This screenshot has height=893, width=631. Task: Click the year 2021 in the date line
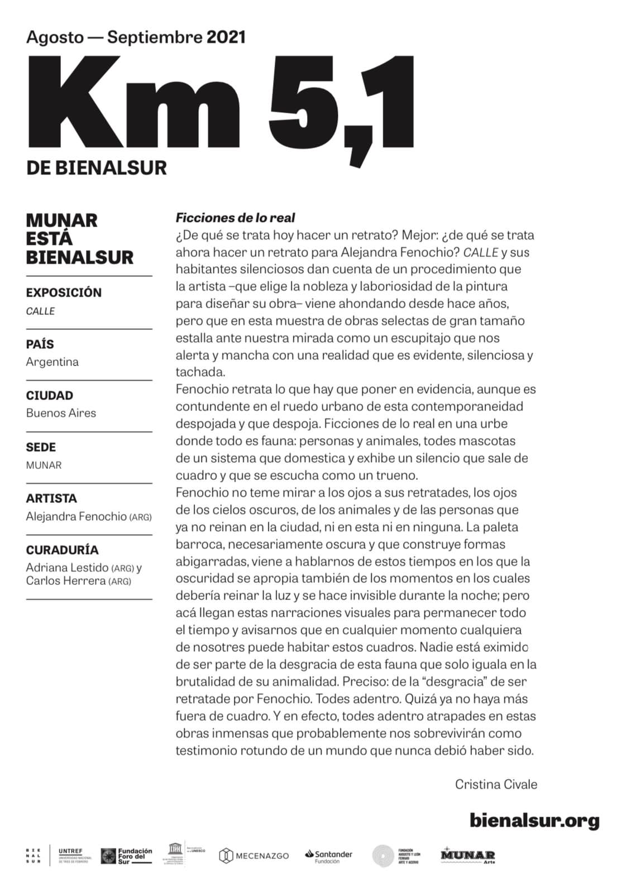[x=226, y=37]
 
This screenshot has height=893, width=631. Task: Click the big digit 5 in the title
[x=304, y=100]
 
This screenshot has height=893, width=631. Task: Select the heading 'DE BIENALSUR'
[x=96, y=167]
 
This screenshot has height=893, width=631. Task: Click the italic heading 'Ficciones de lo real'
[x=235, y=218]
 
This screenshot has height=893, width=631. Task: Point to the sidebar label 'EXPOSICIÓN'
[x=64, y=292]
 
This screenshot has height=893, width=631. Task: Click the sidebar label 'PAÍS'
[x=40, y=344]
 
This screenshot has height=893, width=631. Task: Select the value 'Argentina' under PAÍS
[x=52, y=362]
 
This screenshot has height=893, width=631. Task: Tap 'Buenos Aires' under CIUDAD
[x=61, y=413]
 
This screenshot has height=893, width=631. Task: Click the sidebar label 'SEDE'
[x=41, y=447]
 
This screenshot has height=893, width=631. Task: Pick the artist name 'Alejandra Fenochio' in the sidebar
[x=76, y=516]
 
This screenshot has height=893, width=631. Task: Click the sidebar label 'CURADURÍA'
[x=62, y=550]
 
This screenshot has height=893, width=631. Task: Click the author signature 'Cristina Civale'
[x=496, y=784]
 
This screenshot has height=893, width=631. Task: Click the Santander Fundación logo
[x=329, y=856]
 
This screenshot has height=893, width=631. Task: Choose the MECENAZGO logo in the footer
[x=254, y=856]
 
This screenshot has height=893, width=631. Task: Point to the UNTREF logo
[x=75, y=854]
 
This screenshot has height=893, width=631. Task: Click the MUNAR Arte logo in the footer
[x=467, y=856]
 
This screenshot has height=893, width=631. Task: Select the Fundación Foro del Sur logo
[x=127, y=856]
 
